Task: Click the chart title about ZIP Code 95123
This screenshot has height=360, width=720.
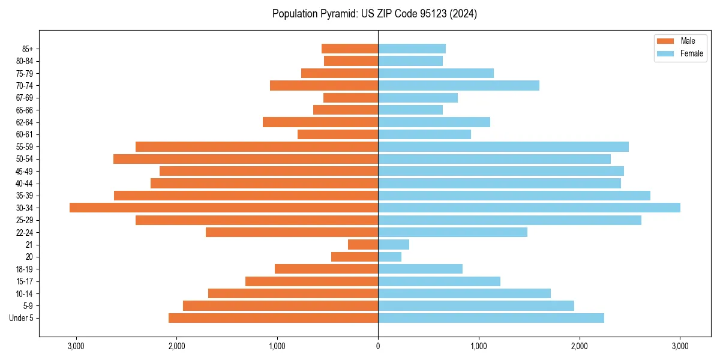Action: [374, 14]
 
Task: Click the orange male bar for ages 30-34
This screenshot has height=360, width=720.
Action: [224, 208]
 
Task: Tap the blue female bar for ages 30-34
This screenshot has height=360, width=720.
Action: [529, 208]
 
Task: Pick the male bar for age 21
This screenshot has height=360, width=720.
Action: [363, 245]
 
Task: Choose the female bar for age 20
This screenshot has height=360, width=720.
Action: [389, 257]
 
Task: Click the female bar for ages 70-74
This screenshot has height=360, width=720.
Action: [458, 85]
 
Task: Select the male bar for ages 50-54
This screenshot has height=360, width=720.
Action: [245, 159]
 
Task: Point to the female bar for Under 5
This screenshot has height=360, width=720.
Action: [491, 318]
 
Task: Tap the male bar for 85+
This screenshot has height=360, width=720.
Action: [350, 49]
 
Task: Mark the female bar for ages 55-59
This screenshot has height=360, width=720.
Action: [503, 146]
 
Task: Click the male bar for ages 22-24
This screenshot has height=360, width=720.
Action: [292, 232]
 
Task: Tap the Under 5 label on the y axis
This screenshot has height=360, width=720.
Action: [22, 318]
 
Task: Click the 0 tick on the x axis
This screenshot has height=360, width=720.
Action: [378, 346]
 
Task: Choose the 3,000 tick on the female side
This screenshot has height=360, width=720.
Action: [680, 346]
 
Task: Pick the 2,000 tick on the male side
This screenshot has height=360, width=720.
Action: [176, 346]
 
